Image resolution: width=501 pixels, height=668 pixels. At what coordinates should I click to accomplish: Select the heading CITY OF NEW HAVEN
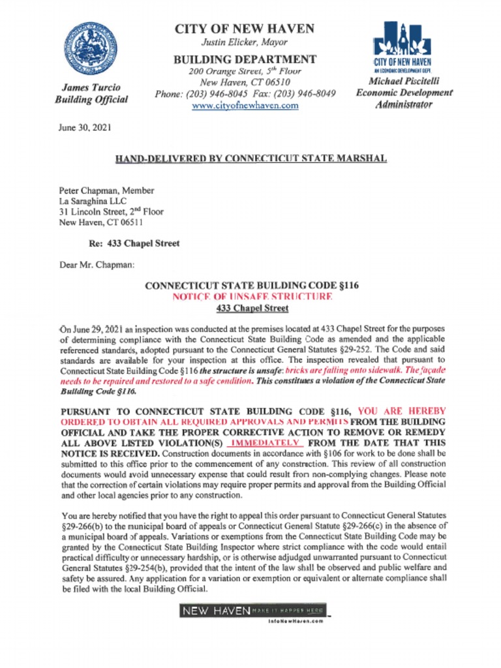[244, 29]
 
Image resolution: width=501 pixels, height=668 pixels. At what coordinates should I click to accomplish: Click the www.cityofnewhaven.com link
[245, 105]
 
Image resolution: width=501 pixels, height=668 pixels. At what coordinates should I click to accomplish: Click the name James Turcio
[91, 87]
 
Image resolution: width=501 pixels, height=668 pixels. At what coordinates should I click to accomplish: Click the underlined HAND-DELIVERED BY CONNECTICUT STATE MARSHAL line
[250, 159]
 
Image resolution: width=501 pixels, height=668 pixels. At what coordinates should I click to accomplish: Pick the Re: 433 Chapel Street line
[134, 243]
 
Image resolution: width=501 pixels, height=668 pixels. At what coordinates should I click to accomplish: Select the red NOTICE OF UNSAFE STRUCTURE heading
[251, 297]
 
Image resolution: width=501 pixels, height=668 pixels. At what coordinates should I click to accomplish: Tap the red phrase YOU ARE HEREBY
[402, 411]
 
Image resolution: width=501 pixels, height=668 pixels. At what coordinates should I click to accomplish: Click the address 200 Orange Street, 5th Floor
[245, 71]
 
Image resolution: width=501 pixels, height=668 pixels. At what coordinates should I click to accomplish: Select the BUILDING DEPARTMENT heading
[245, 59]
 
